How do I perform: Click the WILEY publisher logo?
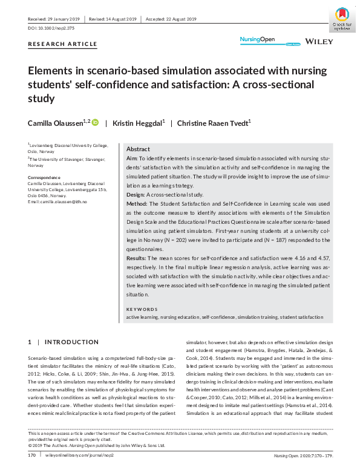[x=319, y=41]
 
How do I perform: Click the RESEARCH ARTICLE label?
[x=62, y=44]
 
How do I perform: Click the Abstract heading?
[x=138, y=149]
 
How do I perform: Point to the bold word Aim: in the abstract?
[x=132, y=158]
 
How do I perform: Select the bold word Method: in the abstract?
[x=137, y=204]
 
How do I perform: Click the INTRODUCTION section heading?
[x=72, y=342]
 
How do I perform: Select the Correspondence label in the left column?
[x=45, y=177]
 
